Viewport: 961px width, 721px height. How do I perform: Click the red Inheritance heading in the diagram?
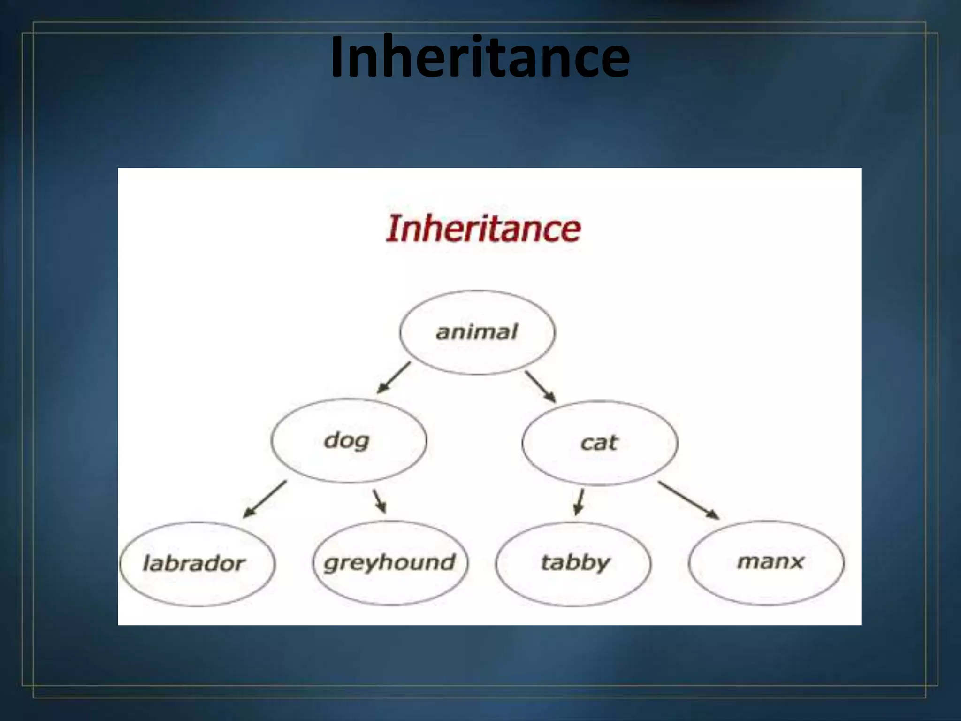483,229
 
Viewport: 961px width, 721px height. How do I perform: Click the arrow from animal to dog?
394,377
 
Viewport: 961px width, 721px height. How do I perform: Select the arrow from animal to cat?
540,387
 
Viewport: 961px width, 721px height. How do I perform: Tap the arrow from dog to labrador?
265,499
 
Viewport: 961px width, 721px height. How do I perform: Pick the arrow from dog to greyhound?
380,501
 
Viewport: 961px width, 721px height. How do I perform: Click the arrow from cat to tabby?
580,501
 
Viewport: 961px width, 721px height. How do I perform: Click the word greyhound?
389,563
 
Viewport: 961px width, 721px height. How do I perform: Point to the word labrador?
194,563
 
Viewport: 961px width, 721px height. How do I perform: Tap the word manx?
770,561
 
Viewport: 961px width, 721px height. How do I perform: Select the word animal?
477,332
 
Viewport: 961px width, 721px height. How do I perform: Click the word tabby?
575,563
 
